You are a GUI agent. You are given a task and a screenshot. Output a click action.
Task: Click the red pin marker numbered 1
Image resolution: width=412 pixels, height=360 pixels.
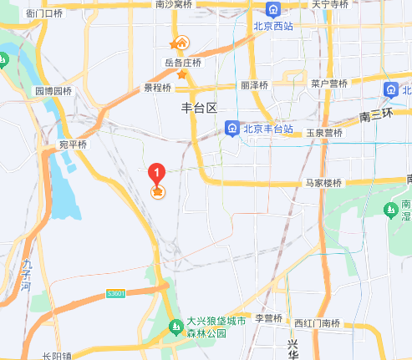(x=155, y=173)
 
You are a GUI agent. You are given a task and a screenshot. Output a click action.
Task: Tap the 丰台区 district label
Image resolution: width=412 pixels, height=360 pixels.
(x=199, y=109)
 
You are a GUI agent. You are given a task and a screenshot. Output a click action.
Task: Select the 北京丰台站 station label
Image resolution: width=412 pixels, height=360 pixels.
(x=267, y=129)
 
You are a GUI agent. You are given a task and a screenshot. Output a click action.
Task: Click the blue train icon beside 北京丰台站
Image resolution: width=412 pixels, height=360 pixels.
(x=232, y=129)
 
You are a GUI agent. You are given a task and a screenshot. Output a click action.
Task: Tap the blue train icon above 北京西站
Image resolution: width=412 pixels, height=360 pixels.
(x=272, y=10)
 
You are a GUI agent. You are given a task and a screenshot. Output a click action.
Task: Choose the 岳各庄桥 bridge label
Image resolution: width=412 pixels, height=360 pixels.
(x=183, y=62)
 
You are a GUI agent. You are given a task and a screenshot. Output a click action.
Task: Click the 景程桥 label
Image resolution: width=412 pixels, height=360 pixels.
(x=157, y=88)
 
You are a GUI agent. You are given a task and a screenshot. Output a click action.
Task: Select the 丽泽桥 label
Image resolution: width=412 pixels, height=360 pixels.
(x=254, y=85)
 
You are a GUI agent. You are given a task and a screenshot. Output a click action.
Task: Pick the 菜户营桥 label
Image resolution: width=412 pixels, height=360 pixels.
(x=329, y=84)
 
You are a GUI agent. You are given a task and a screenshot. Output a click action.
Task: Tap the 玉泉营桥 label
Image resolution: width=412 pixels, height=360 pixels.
(x=323, y=132)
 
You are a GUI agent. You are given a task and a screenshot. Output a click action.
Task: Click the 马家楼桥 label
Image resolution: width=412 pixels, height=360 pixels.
(x=323, y=183)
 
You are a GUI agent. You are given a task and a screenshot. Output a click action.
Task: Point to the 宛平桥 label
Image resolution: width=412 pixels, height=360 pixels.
(x=74, y=145)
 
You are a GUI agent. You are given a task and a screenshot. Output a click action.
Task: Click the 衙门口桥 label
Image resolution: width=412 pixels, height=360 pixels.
(x=44, y=13)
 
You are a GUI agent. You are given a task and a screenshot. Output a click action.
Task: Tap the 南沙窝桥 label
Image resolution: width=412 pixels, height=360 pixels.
(x=175, y=4)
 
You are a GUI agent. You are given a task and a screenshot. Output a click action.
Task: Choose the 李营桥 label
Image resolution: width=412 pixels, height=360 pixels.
(x=269, y=318)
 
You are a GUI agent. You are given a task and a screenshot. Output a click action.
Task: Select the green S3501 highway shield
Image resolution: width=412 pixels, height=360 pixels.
(x=116, y=294)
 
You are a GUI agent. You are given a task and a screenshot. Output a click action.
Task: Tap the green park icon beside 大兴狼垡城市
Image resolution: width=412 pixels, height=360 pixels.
(x=175, y=326)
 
